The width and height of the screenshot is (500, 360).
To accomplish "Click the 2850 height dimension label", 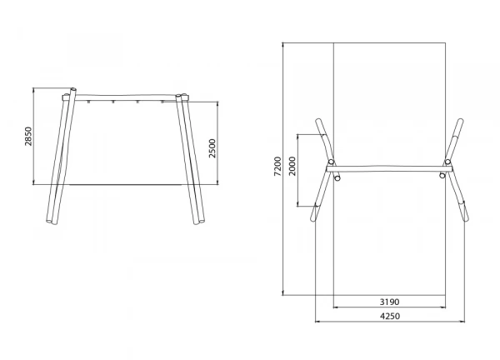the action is click(28, 136).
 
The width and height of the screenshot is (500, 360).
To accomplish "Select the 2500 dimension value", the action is click(212, 148).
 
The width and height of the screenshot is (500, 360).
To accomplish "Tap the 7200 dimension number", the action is click(277, 166).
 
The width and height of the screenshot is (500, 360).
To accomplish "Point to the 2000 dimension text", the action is click(292, 166).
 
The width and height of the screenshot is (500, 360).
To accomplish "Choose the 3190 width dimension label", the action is click(389, 302).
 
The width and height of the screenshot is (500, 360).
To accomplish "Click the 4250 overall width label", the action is click(390, 316).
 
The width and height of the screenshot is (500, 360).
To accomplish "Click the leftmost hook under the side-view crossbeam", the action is click(88, 102).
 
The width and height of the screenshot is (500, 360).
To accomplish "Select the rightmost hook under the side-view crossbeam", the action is click(162, 102).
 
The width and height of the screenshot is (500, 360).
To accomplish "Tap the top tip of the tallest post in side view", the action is click(73, 89).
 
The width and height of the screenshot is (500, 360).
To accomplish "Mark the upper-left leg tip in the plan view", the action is click(318, 121).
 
